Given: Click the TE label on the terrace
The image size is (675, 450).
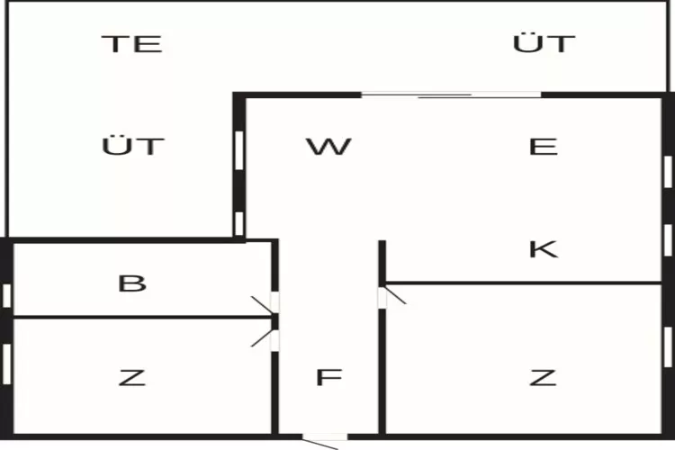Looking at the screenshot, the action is click(132, 44).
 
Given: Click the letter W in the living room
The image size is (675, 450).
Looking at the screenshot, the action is click(328, 147).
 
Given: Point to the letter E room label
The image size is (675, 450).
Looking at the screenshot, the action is click(544, 147).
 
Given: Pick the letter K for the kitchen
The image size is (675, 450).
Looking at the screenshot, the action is click(544, 249).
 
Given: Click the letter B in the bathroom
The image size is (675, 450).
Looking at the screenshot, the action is click(132, 283).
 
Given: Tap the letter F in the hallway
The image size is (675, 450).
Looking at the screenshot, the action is click(328, 377).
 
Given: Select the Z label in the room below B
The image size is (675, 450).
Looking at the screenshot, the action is click(132, 378).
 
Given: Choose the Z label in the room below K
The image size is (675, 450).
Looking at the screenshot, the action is click(544, 378).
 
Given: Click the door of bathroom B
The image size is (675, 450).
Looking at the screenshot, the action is click(266, 303).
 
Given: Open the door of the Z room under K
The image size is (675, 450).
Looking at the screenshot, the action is click(391, 297).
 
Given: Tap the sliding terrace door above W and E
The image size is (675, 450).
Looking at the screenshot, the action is click(451, 95).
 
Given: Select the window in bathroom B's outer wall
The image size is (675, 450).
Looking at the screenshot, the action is click(7, 296).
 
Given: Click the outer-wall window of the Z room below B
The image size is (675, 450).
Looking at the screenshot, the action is click(7, 364).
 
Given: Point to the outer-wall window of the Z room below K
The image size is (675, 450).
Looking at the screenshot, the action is click(668, 347).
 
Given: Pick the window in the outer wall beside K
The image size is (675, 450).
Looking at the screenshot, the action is click(668, 240).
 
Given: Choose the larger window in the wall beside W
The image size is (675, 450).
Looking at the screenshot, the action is click(239, 150).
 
